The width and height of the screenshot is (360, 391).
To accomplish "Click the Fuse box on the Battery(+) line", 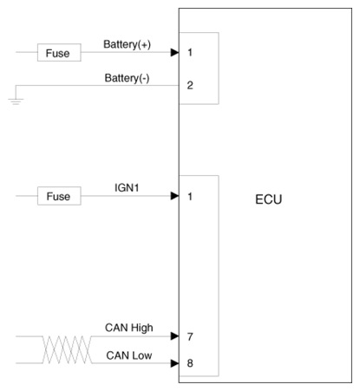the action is point(59,53).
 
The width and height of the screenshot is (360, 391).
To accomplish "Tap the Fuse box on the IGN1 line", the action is point(59,196).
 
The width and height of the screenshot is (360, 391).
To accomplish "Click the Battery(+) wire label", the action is point(128,44).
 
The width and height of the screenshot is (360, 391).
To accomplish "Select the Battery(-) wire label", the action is point(128,78).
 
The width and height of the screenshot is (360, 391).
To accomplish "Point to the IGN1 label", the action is point(127,188).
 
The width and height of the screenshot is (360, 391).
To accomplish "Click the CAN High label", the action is point(129,328).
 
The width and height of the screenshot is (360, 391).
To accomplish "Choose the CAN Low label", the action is point(129,355).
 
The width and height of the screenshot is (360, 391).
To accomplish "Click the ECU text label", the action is point(269,199).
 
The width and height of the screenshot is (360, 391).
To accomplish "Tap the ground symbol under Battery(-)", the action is point(16,101).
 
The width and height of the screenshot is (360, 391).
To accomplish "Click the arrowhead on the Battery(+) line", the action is point(175,52).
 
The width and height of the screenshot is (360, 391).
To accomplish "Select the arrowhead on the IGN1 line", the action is point(175,196).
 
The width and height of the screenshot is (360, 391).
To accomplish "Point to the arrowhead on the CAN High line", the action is point(175,336).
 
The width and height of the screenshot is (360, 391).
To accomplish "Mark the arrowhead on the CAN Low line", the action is point(175,363).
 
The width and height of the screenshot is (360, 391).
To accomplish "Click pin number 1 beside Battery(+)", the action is point(190,53).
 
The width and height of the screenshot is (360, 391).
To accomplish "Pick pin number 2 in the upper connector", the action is point(190,85).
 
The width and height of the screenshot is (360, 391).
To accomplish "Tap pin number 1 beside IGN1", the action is point(190,197).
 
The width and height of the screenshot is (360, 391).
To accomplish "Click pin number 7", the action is point(190,336).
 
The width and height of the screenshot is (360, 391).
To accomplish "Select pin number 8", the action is point(190,363).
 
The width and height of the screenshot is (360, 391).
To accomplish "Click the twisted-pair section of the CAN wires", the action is point(68,349).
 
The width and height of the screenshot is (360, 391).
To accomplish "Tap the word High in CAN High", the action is point(141,328).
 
